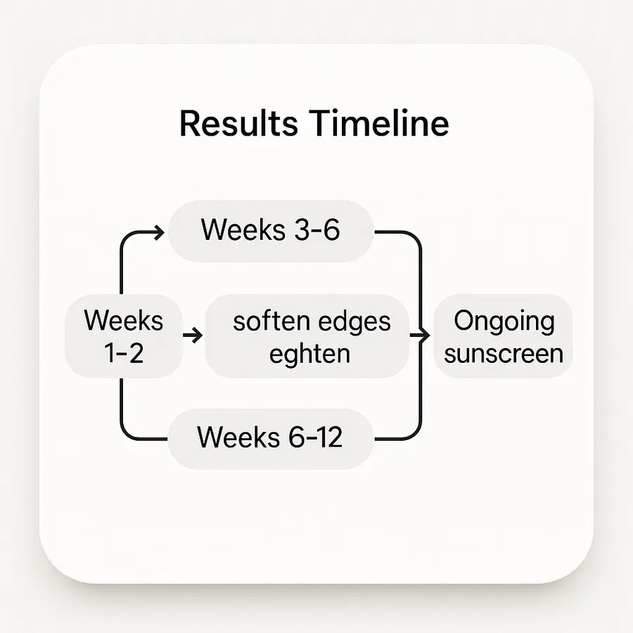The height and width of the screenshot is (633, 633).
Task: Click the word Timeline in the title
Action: click(378, 124)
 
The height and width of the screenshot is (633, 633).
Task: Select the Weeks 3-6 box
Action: click(271, 231)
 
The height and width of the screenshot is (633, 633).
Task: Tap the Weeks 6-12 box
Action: click(271, 437)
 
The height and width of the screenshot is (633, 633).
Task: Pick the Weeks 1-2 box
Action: click(123, 336)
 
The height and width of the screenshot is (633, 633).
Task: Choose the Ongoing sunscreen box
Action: click(504, 336)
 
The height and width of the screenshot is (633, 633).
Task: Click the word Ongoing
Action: click(504, 321)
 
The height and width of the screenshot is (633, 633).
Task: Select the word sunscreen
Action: click(504, 352)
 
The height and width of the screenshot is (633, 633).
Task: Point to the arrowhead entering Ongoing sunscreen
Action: click(424, 336)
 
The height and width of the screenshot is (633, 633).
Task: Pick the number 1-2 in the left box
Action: click(123, 352)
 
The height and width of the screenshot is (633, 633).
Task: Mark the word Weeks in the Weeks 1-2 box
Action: click(123, 321)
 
